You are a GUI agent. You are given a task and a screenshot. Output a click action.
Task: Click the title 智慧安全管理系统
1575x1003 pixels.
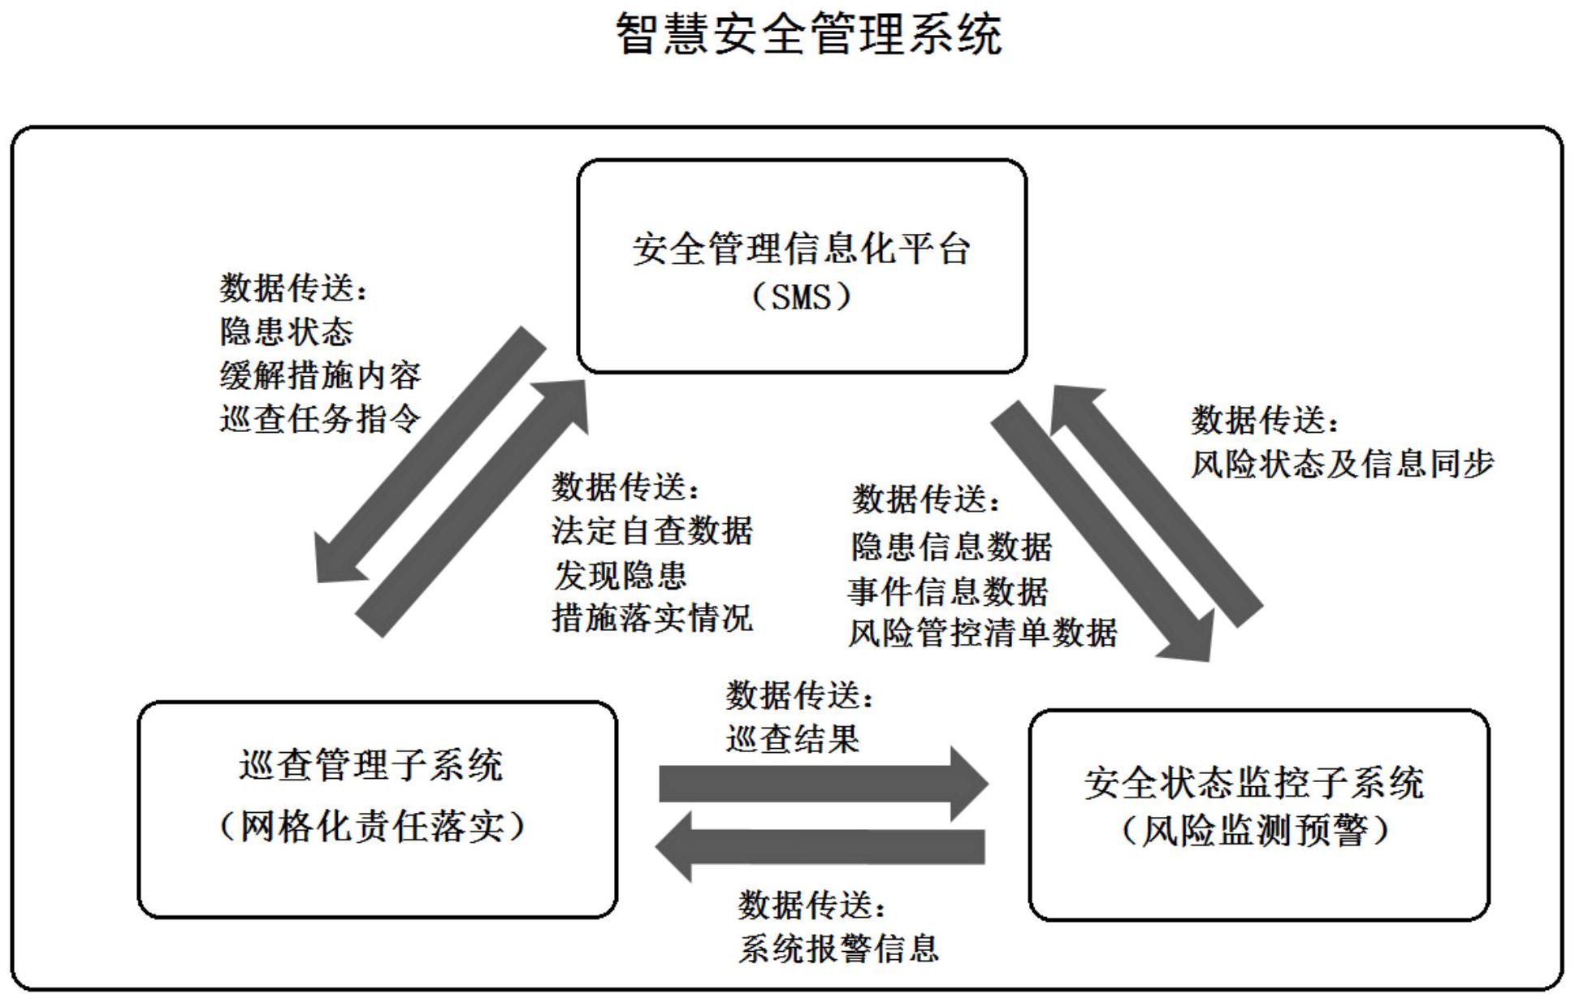(807, 35)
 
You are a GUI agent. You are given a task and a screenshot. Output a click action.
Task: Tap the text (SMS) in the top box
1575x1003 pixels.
(801, 296)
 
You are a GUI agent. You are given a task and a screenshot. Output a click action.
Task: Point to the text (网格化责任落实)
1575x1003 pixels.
(373, 828)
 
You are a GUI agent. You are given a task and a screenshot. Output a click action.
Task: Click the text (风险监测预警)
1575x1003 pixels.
(1256, 831)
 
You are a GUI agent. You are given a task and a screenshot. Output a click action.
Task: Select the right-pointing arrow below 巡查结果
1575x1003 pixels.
(820, 784)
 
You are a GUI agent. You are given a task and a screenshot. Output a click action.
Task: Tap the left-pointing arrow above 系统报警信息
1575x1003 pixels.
(820, 846)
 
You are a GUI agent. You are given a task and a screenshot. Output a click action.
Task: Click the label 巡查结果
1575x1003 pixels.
(792, 739)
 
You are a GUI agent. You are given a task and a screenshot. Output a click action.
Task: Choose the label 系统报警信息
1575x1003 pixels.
(838, 949)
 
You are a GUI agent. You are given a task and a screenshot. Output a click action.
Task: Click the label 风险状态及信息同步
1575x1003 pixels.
(1342, 464)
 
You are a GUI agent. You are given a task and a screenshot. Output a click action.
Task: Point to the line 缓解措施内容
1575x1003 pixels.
(320, 375)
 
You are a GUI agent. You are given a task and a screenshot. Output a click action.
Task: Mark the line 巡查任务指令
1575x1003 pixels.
(320, 419)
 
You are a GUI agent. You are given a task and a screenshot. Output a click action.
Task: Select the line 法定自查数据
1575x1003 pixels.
(652, 531)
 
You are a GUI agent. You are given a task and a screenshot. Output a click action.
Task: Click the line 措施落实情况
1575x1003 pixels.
(652, 617)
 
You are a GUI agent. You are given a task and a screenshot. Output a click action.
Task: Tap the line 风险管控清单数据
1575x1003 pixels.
(982, 633)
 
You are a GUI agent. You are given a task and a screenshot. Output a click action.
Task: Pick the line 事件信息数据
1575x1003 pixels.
(947, 591)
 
